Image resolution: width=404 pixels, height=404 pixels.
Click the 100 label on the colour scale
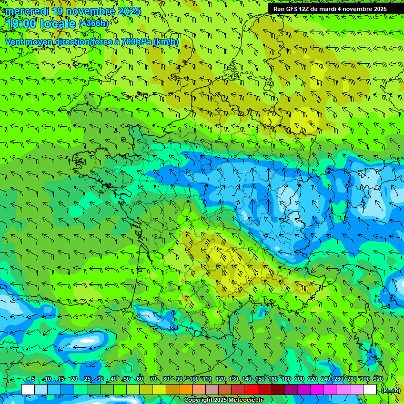pos(194,379)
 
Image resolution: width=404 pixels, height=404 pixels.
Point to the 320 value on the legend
pos(378,379)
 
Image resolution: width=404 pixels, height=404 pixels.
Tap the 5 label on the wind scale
pos(33,379)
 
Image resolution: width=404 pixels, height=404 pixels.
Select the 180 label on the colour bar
pos(286,379)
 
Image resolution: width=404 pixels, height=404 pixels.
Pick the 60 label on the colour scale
pos(140,379)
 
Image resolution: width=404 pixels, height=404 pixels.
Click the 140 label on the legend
pos(247,379)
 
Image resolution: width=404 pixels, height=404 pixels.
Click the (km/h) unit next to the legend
pos(390,390)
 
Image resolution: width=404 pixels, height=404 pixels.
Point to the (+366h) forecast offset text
pos(93,23)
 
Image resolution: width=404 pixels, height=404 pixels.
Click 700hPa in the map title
pos(135,42)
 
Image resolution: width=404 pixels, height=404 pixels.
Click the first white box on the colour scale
pos(28,390)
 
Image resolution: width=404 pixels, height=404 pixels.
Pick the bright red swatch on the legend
pos(251,390)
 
